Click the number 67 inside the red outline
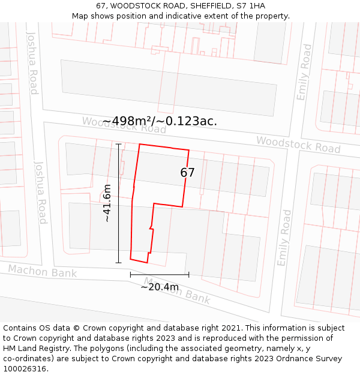[x=187, y=173]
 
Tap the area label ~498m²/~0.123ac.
[x=160, y=121]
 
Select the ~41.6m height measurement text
[x=107, y=203]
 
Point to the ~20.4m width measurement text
[x=160, y=287]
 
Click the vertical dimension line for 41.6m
[x=118, y=203]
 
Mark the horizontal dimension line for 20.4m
[x=160, y=275]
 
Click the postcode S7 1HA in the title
[x=251, y=6]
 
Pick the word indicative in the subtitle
[x=202, y=16]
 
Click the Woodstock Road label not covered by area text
[x=298, y=144]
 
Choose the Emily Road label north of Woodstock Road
[x=304, y=72]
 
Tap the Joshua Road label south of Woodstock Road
[x=40, y=192]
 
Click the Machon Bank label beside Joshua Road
[x=43, y=271]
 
